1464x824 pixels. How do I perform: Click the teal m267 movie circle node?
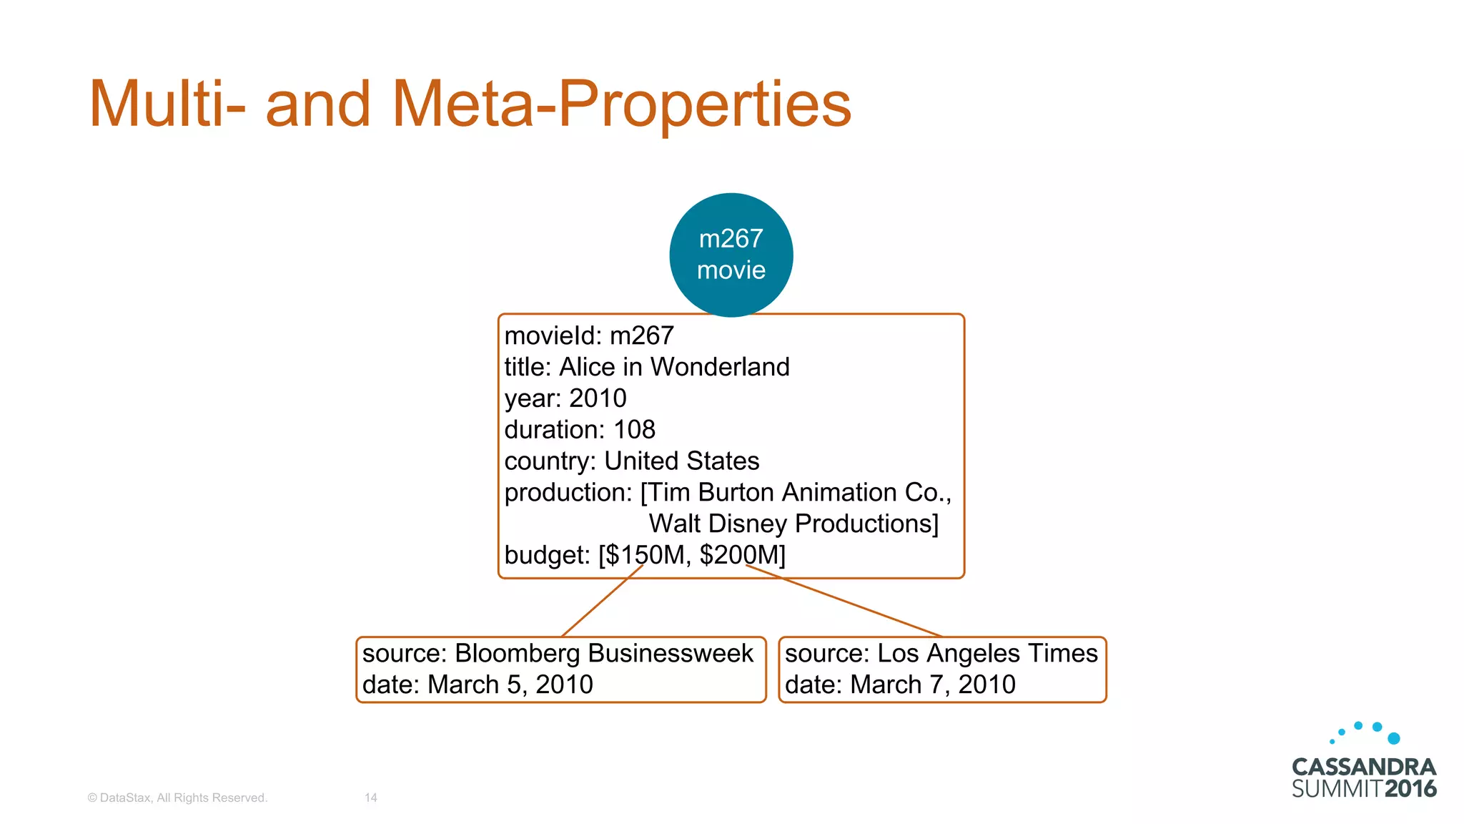pos(731,255)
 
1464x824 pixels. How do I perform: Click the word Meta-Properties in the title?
pos(621,104)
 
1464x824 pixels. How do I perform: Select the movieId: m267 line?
pos(589,335)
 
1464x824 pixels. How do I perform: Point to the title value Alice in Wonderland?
pos(674,367)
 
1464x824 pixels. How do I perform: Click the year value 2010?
pos(598,398)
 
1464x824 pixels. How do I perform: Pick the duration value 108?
pos(634,430)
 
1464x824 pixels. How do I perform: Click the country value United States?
pos(681,461)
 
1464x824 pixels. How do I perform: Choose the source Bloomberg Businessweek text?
pos(558,653)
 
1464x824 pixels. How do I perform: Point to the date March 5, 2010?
pos(478,685)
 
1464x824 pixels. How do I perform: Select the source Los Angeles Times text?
pos(941,653)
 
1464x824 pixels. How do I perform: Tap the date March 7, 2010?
pos(900,685)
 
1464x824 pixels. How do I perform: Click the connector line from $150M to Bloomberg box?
pos(602,601)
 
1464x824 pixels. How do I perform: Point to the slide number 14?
pos(370,798)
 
